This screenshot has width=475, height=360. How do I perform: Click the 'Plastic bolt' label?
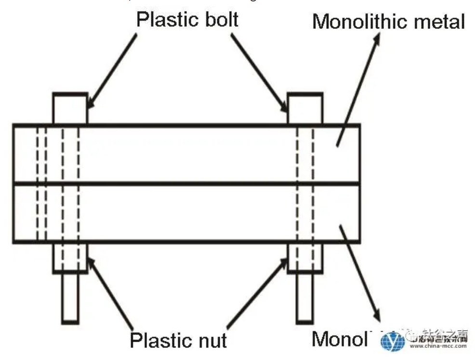click(187, 20)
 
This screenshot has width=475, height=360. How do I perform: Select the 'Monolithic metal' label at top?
click(388, 22)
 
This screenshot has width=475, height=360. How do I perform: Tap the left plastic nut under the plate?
click(70, 258)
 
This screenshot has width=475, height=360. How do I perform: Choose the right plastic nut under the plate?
click(305, 258)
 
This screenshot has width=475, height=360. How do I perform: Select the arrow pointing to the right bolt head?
click(260, 72)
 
